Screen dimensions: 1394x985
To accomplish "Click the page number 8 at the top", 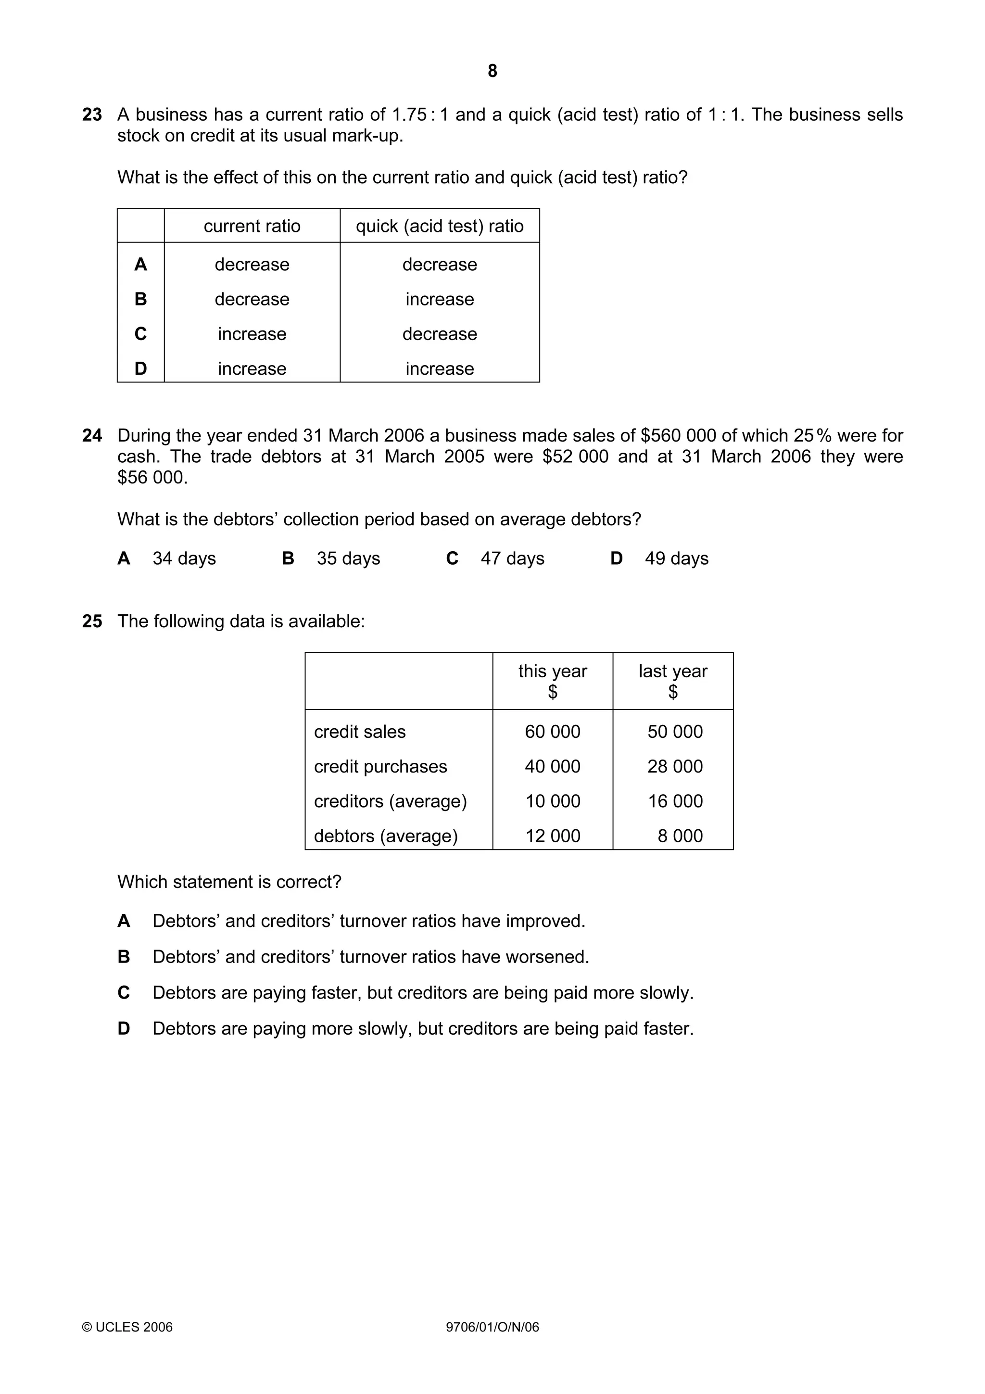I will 492,71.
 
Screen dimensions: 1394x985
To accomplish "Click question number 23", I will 92,115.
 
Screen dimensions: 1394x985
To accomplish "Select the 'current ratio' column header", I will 252,226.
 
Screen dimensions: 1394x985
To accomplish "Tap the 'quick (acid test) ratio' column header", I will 440,226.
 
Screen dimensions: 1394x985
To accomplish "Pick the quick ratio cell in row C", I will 440,334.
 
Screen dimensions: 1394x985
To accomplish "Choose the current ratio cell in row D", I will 252,368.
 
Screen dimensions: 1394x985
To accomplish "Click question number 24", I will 92,435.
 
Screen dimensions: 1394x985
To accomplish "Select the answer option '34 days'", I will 184,558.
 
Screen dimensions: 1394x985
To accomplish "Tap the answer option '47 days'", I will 512,558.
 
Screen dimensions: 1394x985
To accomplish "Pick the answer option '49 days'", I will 676,558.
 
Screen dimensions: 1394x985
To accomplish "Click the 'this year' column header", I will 552,671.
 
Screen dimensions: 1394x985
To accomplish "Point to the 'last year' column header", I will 672,671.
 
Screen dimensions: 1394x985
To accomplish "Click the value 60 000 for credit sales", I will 552,732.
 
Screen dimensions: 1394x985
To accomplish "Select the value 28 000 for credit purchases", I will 675,766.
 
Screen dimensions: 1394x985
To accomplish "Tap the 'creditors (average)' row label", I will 390,801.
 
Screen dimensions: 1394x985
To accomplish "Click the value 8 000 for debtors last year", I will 680,836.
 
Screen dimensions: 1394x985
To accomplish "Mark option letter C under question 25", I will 124,993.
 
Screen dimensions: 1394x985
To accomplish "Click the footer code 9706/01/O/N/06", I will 492,1327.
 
